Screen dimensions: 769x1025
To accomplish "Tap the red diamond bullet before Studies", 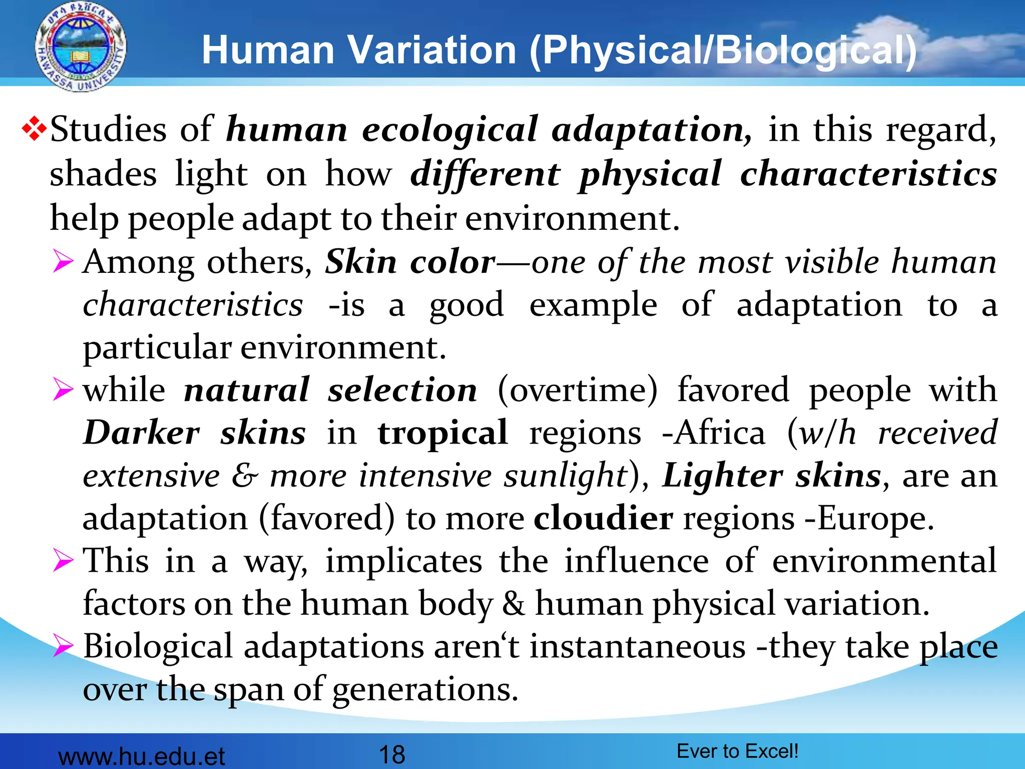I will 34,129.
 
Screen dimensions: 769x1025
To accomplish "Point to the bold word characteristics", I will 868,174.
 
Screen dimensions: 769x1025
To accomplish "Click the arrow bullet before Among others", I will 63,262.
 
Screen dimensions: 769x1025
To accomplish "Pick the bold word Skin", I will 361,262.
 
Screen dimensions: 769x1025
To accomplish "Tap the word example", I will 593,305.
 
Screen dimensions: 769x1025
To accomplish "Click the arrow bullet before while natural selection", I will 63,390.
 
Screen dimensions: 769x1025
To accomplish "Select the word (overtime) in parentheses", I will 578,390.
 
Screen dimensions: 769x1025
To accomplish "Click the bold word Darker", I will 142,433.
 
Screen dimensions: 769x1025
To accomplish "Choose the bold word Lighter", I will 722,476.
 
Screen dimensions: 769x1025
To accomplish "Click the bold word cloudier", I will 603,518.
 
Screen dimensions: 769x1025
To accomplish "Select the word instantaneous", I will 638,646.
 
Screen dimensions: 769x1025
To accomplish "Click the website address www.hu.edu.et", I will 142,756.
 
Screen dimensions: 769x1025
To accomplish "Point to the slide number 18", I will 392,754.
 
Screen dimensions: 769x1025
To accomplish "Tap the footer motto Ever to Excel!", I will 737,751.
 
